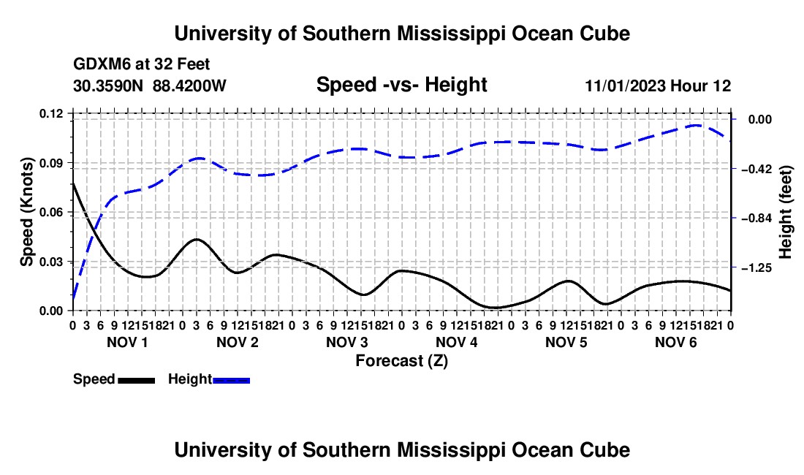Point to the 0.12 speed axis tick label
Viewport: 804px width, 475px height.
[x=50, y=114]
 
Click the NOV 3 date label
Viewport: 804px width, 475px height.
[x=347, y=342]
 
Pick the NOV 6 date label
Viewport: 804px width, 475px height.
[x=676, y=342]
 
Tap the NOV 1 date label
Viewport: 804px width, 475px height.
[x=127, y=342]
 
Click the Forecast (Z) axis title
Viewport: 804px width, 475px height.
[x=402, y=361]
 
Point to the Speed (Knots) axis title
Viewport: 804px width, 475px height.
[x=26, y=212]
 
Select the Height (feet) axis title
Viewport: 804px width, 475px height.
[x=785, y=212]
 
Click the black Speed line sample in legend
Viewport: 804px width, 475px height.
[x=137, y=380]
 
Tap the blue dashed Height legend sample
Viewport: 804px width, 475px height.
[x=231, y=380]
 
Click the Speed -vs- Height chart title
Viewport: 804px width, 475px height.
[x=401, y=85]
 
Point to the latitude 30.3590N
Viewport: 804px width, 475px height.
[x=108, y=85]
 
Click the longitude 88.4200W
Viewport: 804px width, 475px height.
[x=189, y=85]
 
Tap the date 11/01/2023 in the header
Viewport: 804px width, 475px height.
[x=625, y=85]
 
